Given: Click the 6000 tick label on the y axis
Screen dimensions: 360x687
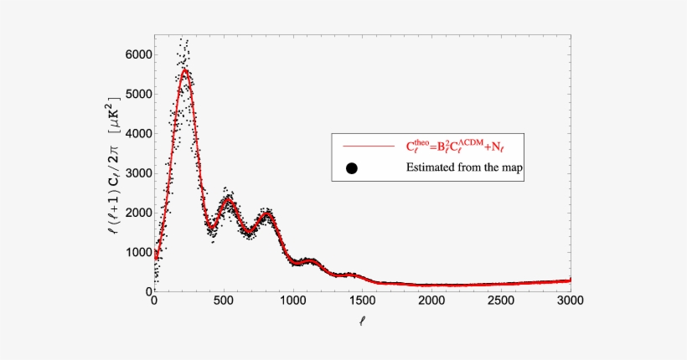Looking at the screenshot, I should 137,54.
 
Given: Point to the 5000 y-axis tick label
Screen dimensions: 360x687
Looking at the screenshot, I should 137,94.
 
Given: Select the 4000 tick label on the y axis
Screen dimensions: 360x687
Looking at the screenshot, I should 137,133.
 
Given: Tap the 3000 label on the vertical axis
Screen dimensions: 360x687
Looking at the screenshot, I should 137,172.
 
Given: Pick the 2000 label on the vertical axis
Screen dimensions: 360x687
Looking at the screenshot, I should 137,213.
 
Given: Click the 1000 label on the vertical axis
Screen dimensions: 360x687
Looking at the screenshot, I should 137,252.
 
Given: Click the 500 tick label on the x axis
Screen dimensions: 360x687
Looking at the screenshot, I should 224,300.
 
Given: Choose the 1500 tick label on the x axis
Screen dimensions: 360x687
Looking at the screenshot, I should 362,300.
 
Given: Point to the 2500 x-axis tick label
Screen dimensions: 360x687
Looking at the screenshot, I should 501,300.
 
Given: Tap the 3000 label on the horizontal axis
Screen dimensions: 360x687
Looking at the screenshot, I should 570,300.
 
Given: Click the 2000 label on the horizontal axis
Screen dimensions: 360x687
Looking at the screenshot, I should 431,300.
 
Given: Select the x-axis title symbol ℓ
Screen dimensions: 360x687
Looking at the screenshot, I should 363,319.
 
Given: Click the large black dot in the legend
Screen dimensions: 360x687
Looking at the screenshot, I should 352,167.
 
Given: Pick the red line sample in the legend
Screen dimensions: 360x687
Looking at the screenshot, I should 364,147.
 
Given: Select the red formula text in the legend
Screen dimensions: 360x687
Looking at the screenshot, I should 467,146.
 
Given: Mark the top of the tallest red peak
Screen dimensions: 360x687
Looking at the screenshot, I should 185,69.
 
